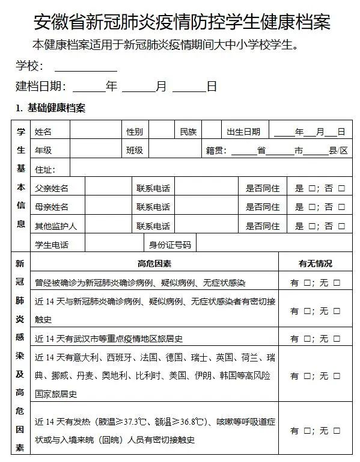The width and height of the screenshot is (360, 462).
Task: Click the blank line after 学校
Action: (85, 67)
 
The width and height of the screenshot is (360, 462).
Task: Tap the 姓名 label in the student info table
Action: (43, 132)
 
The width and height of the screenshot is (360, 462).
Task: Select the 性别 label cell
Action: (135, 132)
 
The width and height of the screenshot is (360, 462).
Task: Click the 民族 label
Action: (188, 132)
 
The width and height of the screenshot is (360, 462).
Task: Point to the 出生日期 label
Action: (243, 132)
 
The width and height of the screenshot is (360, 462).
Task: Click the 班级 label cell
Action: (135, 150)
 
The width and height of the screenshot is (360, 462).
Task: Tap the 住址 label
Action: (45, 169)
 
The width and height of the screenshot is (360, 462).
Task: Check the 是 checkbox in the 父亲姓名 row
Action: (312, 188)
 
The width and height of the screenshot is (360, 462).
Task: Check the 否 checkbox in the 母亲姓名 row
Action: (341, 208)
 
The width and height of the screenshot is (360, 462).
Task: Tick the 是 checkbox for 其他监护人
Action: (312, 227)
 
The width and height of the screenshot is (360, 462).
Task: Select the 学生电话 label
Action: (52, 245)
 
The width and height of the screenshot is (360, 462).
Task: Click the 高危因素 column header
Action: (154, 263)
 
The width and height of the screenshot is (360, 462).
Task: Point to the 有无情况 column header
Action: (315, 263)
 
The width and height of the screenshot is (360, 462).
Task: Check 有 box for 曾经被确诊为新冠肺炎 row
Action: (307, 282)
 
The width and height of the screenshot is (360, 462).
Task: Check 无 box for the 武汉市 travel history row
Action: (337, 339)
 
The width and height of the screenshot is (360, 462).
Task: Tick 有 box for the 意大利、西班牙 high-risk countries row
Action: (307, 376)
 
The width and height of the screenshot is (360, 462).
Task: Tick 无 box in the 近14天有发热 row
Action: (337, 431)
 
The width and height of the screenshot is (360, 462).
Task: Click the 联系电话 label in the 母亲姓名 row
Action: (153, 208)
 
